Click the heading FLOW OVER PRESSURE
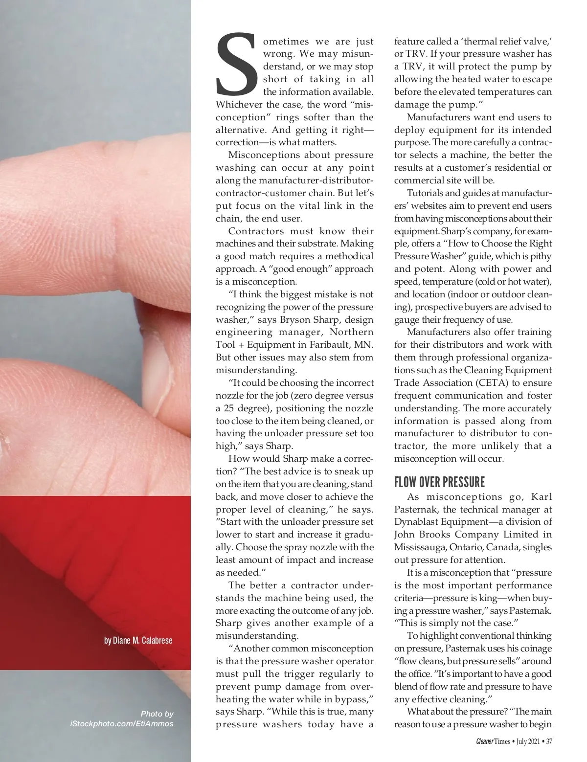tap(439, 482)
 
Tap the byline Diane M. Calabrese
tap(138, 640)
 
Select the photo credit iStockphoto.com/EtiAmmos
tap(122, 723)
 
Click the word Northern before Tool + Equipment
tap(348, 332)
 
